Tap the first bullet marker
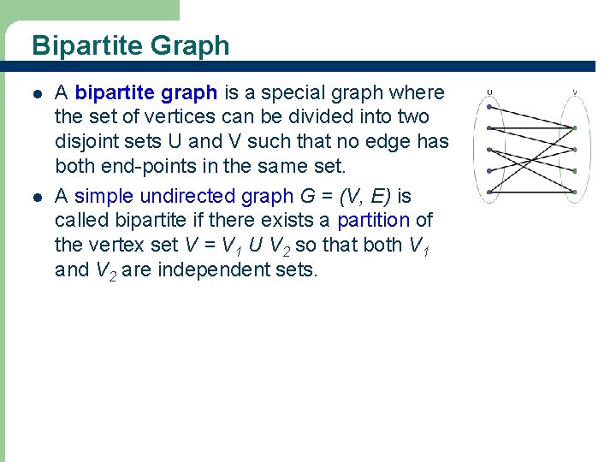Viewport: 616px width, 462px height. click(37, 93)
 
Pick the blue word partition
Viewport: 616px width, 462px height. click(373, 221)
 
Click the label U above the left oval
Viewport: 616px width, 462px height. click(489, 92)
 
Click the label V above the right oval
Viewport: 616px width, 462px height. click(574, 92)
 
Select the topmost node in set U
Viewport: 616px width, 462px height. click(489, 108)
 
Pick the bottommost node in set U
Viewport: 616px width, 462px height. click(489, 190)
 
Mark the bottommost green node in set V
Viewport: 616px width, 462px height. click(575, 190)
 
